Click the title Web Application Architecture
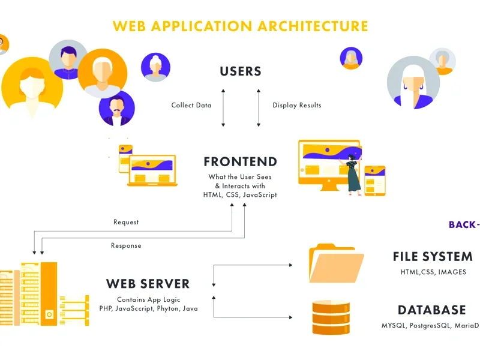pyautogui.click(x=240, y=26)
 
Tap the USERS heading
pyautogui.click(x=241, y=71)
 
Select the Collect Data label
pyautogui.click(x=191, y=106)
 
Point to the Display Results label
pyautogui.click(x=296, y=106)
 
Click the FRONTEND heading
pyautogui.click(x=240, y=162)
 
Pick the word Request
pyautogui.click(x=126, y=222)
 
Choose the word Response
pyautogui.click(x=126, y=245)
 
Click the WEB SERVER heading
pyautogui.click(x=148, y=284)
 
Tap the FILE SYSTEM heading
pyautogui.click(x=433, y=257)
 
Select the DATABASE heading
pyautogui.click(x=431, y=310)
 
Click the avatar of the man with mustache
pyautogui.click(x=116, y=109)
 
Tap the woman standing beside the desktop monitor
pyautogui.click(x=353, y=172)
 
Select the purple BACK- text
pyautogui.click(x=464, y=225)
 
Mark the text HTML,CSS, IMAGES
pyautogui.click(x=433, y=272)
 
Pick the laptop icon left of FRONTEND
pyautogui.click(x=152, y=170)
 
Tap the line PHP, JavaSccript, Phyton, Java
pyautogui.click(x=148, y=308)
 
